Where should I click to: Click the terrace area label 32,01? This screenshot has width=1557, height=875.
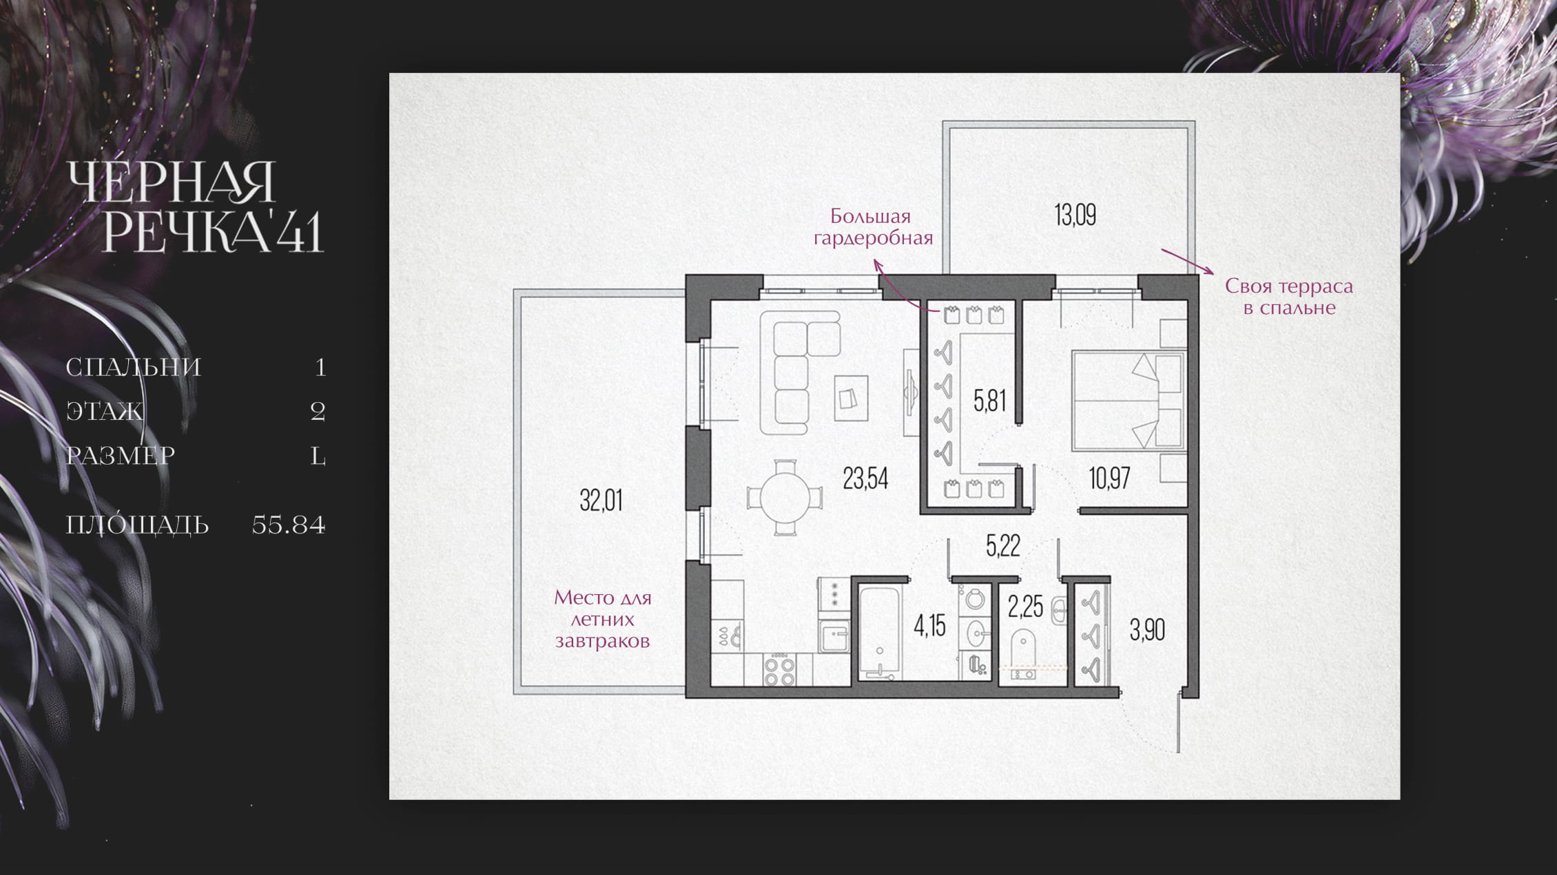(601, 500)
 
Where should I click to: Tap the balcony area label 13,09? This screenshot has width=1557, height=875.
(1075, 215)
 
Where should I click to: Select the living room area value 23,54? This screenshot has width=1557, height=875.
(865, 478)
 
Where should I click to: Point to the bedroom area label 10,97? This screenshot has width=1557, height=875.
(1109, 478)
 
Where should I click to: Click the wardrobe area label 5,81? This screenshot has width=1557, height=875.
(989, 400)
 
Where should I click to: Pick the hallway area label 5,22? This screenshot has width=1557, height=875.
(1002, 546)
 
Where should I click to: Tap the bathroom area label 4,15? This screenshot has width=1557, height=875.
(929, 626)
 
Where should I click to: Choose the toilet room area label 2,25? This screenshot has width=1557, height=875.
(1025, 607)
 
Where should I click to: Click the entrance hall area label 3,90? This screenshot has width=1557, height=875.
(1147, 630)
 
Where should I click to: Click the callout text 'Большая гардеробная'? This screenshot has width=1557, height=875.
(873, 227)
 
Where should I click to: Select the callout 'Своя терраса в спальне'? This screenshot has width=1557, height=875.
(1289, 297)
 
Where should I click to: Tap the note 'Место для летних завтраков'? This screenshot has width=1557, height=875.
(603, 619)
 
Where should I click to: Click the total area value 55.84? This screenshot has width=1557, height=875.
(289, 525)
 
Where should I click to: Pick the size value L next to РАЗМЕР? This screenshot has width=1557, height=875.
(318, 456)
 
